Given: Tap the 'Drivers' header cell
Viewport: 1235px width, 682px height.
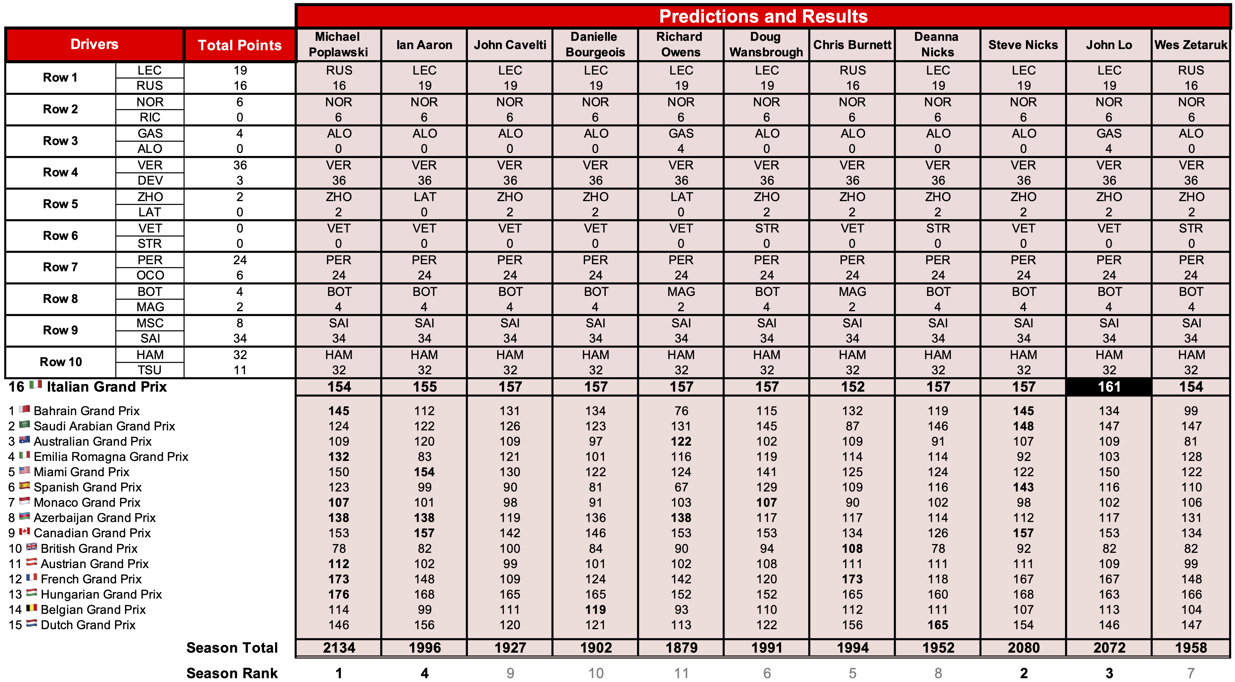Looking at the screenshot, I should point(95,44).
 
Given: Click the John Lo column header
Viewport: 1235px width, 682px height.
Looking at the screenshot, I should point(1109,45).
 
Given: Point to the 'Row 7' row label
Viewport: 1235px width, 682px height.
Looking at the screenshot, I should point(60,267).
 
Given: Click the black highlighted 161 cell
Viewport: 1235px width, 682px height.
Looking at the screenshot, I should point(1109,387).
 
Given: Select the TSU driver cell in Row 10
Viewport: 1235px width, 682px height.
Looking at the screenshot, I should point(150,370).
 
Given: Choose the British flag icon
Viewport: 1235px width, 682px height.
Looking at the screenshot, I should point(32,547).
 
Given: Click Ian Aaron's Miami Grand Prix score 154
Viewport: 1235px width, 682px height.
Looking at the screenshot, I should point(424,472).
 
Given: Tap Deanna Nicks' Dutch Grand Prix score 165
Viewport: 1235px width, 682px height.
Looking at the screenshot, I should point(937,625).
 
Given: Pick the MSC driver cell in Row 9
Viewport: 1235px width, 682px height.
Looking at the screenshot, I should point(150,323).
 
